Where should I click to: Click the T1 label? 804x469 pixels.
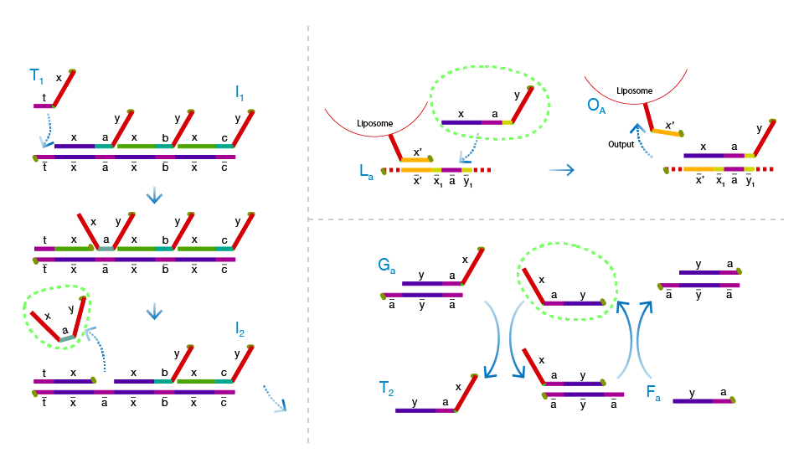[36, 78]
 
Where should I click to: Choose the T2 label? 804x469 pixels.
[387, 388]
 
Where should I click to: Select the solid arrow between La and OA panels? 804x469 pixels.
[562, 170]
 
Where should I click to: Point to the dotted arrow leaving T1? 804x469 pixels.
[45, 130]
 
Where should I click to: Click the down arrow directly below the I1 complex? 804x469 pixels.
[153, 195]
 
